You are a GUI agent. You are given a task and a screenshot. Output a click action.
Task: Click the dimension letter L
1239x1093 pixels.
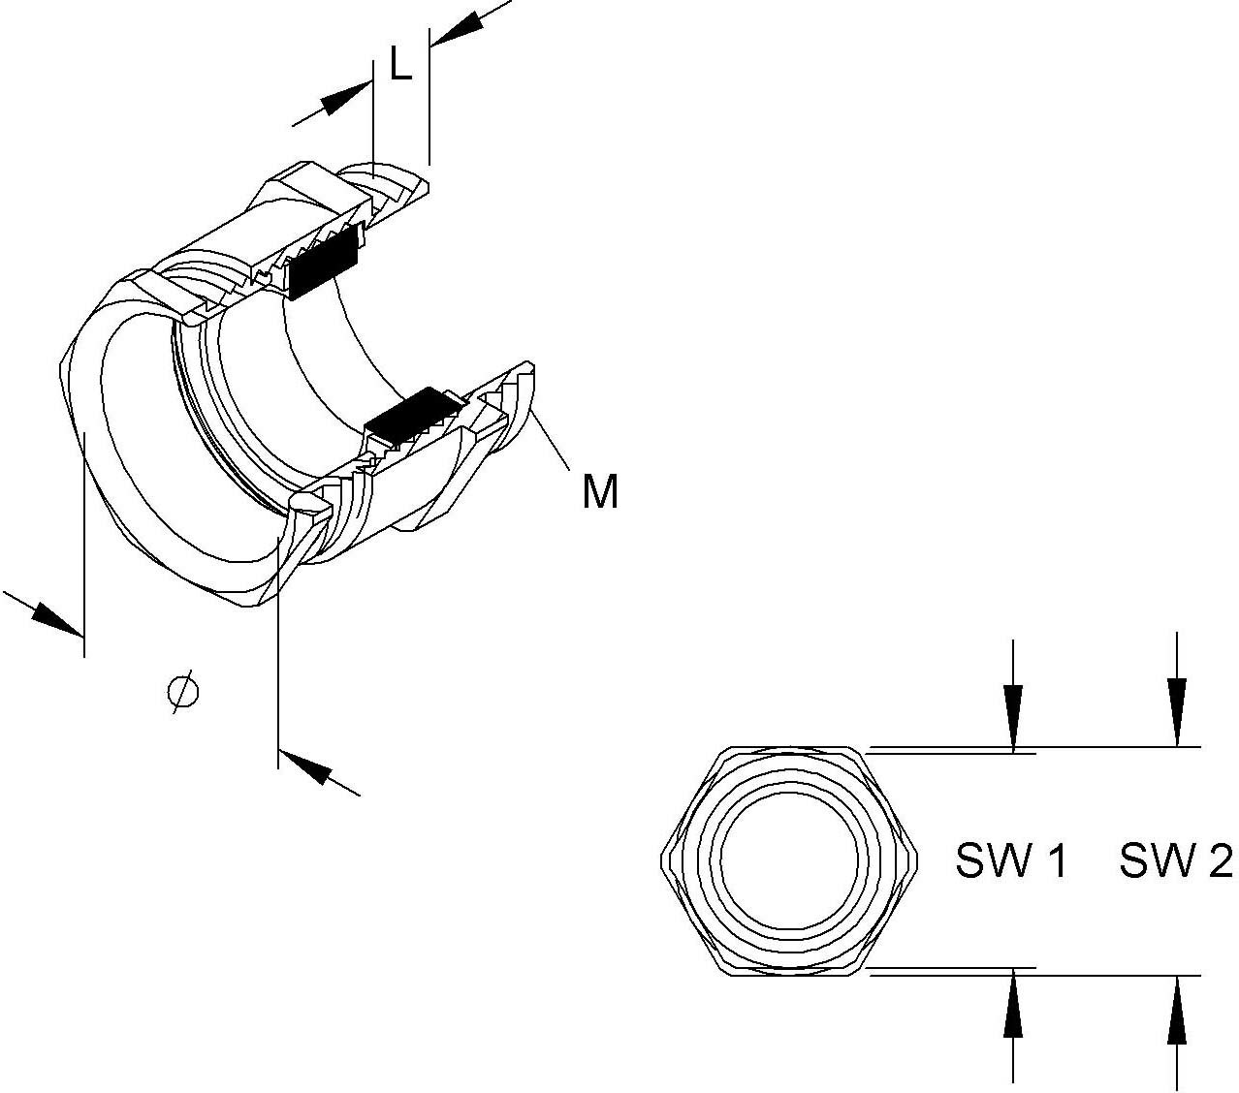400,65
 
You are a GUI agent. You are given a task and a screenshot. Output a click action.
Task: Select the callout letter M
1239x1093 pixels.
600,492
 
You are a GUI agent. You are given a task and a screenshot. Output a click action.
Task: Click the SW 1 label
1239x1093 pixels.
1011,860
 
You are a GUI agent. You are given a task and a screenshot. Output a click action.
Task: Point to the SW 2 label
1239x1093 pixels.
1175,860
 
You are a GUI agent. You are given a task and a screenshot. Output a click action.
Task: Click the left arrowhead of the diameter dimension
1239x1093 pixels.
53,620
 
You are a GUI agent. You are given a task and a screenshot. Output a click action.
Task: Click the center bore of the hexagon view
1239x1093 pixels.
790,861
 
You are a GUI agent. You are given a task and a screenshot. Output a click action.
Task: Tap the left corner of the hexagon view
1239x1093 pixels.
663,861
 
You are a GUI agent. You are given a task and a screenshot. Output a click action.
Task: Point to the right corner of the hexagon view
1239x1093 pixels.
917,861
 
